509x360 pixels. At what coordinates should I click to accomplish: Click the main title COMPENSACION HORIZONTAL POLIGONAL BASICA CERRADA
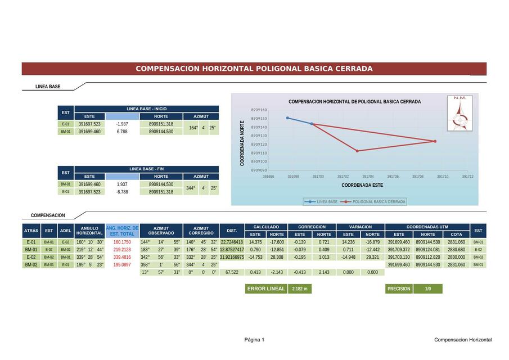point(254,69)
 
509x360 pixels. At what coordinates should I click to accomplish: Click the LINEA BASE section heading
point(48,87)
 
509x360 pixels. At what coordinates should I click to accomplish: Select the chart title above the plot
point(354,102)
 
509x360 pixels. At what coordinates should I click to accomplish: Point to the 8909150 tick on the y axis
point(259,119)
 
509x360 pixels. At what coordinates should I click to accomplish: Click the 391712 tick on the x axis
point(467,177)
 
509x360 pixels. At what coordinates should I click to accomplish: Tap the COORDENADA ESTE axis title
point(362,185)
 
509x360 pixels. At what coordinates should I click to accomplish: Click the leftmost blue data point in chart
point(287,118)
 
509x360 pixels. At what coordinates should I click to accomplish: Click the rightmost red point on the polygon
point(435,141)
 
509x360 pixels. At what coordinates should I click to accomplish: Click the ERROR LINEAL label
point(266,289)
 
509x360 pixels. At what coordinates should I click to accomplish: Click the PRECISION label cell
point(399,289)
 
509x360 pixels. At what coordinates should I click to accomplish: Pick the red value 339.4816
point(122,257)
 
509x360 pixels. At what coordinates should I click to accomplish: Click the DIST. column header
point(232,231)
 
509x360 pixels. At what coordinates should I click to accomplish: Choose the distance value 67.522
point(232,272)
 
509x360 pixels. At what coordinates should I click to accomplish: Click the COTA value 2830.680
point(457,250)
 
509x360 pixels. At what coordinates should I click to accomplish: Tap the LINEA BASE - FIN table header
point(146,169)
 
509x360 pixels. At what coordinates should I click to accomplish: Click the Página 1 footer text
point(254,340)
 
